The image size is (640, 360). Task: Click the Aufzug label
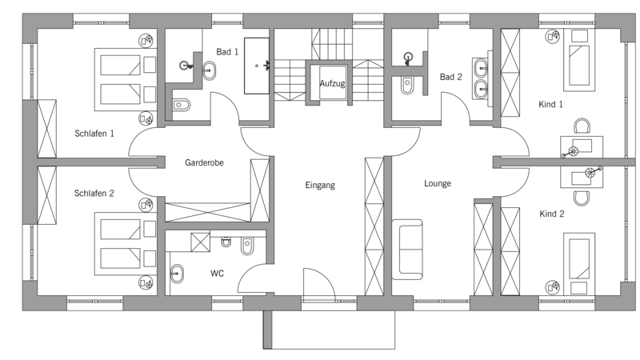click(332, 84)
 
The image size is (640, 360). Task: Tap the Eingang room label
click(320, 186)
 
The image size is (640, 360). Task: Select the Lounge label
click(438, 184)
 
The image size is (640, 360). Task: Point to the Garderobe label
click(204, 162)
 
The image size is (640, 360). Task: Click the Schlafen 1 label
click(94, 134)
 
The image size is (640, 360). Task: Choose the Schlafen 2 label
click(94, 193)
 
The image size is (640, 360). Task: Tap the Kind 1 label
click(550, 105)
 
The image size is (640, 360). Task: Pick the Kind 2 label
click(552, 214)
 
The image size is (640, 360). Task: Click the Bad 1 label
click(227, 52)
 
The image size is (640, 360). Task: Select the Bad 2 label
click(451, 77)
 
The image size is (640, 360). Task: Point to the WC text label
click(217, 274)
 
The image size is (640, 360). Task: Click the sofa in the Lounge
click(407, 250)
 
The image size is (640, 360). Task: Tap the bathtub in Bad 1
click(257, 66)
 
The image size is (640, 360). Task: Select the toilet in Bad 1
click(182, 106)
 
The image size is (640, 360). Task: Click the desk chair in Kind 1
click(582, 126)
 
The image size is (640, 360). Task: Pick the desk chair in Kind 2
click(582, 198)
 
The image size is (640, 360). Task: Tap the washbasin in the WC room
click(177, 274)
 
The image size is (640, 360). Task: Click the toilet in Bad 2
click(407, 86)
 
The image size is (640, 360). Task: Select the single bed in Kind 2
click(579, 262)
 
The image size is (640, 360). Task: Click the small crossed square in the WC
click(201, 242)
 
